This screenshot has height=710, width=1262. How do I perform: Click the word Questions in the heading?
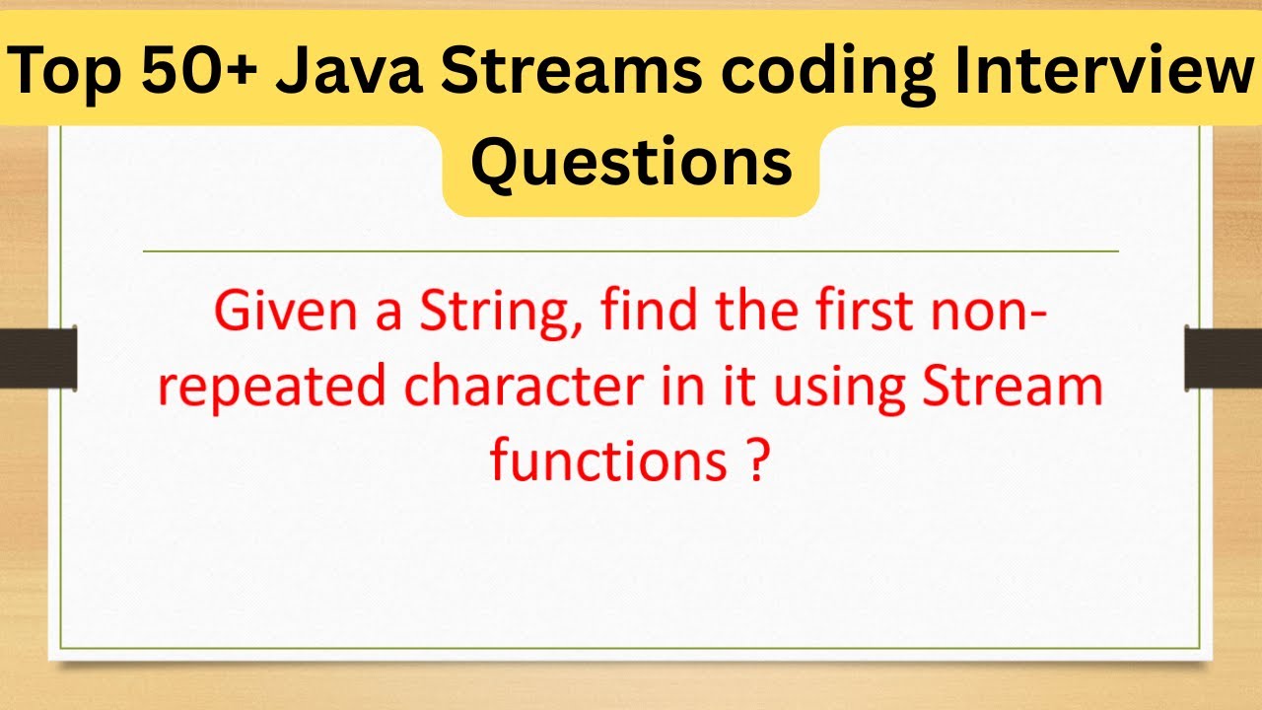pos(631,163)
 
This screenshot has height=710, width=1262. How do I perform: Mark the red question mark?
pos(751,461)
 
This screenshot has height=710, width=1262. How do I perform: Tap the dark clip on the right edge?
pos(1224,358)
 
